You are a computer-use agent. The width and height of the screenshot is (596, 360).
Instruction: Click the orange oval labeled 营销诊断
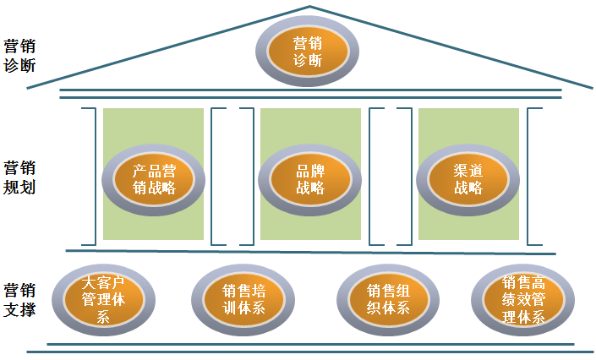pyautogui.click(x=308, y=52)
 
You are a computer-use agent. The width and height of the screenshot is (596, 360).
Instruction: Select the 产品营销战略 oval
pyautogui.click(x=155, y=178)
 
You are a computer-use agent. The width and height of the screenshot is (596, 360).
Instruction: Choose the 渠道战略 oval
pyautogui.click(x=468, y=178)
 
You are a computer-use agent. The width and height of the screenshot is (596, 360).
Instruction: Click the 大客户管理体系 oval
pyautogui.click(x=104, y=298)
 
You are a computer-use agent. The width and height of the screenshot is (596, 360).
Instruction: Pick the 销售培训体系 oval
pyautogui.click(x=243, y=300)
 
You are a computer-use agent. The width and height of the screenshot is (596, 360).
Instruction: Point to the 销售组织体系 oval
pyautogui.click(x=387, y=300)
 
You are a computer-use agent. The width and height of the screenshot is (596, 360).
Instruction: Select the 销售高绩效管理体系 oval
pyautogui.click(x=523, y=299)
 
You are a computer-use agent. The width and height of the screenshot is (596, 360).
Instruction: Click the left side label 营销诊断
pyautogui.click(x=19, y=55)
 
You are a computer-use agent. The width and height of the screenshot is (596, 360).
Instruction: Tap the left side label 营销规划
pyautogui.click(x=19, y=177)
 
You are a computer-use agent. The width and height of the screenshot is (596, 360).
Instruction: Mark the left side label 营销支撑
pyautogui.click(x=19, y=298)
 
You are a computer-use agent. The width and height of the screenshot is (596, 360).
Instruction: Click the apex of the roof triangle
pyautogui.click(x=309, y=8)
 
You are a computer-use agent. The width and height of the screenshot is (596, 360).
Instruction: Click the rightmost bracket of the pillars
pyautogui.click(x=533, y=176)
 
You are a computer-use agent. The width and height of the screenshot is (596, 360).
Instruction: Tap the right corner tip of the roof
pyautogui.click(x=592, y=86)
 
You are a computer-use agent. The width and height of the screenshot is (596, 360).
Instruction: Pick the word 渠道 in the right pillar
pyautogui.click(x=468, y=170)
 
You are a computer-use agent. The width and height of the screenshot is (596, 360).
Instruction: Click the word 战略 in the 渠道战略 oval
pyautogui.click(x=468, y=188)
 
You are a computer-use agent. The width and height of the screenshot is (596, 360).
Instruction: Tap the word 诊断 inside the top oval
pyautogui.click(x=308, y=61)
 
